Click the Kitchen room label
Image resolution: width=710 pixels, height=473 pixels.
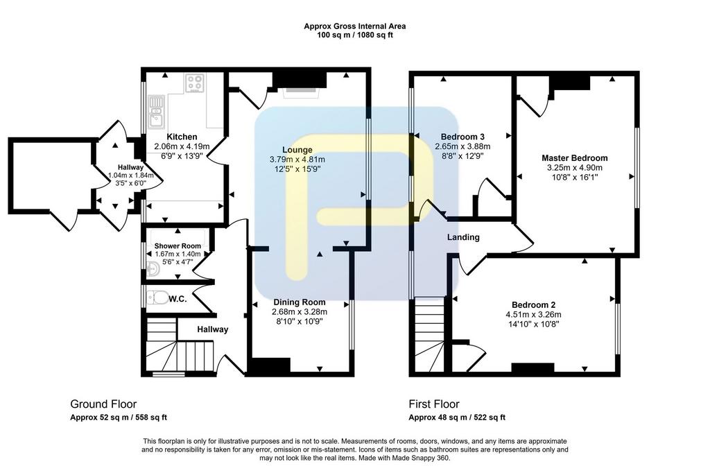tap(182, 137)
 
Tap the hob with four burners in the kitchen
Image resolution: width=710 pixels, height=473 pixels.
tap(195, 83)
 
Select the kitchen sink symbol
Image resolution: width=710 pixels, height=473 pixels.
tap(156, 112)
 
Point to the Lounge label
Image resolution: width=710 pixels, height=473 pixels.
tap(297, 150)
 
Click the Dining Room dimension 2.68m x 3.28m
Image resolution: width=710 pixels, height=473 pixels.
tap(300, 311)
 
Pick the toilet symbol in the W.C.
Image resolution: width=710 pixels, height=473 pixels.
tap(157, 298)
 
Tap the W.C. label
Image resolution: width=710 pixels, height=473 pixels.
tap(177, 299)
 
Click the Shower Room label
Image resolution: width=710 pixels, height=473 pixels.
tap(177, 246)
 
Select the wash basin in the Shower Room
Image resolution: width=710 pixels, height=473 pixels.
tap(153, 268)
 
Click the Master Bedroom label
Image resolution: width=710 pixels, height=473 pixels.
tap(575, 158)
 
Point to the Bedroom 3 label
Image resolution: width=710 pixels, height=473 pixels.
tap(462, 137)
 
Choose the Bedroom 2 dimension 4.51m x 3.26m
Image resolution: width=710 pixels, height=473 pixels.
tap(533, 314)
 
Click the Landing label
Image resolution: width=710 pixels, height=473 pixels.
tap(463, 237)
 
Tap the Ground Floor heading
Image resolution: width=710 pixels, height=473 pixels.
tap(103, 404)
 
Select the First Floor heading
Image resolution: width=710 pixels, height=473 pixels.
tap(434, 404)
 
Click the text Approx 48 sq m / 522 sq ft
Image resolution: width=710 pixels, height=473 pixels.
tap(457, 418)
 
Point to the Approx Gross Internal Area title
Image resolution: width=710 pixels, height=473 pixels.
tap(354, 26)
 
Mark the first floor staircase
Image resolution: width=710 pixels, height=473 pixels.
tap(429, 335)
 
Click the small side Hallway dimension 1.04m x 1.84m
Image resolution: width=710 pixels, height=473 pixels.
tap(131, 175)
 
